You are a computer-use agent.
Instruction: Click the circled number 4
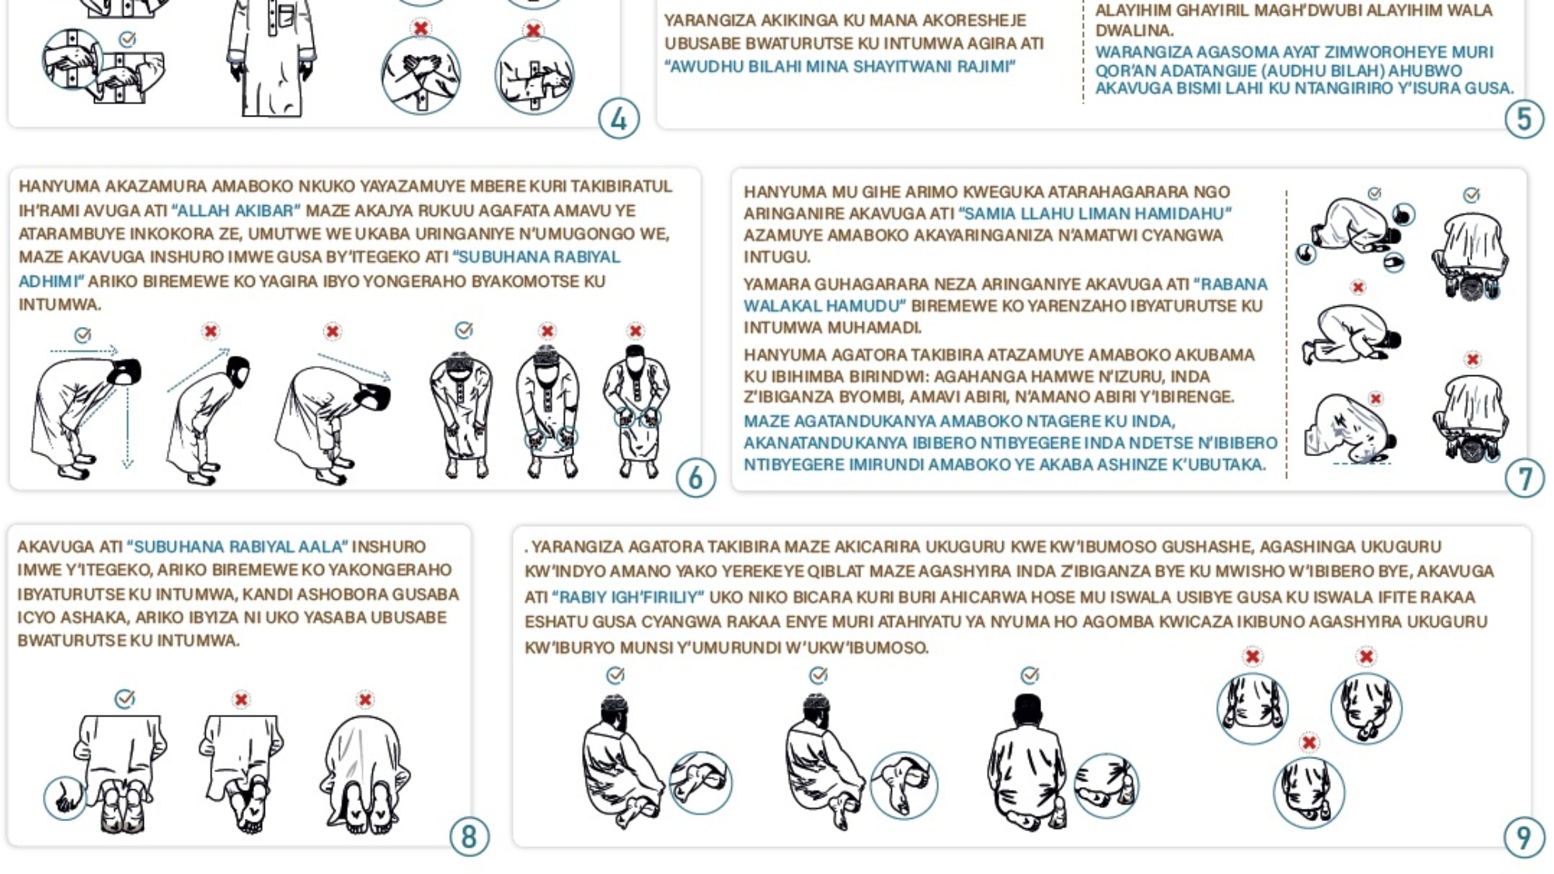click(618, 119)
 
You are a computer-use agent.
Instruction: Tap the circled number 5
click(1524, 119)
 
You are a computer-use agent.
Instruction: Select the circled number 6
click(695, 478)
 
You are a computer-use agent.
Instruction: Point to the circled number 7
click(1524, 478)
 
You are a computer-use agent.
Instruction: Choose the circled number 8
click(469, 837)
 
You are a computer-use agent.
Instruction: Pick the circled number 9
click(1524, 837)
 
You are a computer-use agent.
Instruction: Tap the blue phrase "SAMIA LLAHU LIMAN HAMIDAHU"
click(1095, 214)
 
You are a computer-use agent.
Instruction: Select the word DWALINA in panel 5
click(1134, 30)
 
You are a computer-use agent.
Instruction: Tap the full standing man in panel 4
click(272, 58)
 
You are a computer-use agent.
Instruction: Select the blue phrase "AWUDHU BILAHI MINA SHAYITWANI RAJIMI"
click(840, 67)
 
